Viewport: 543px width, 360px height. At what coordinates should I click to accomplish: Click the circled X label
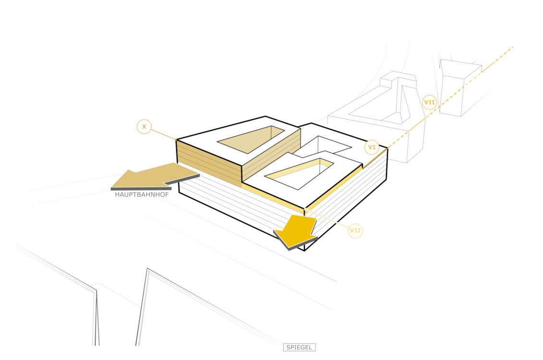[x=144, y=127]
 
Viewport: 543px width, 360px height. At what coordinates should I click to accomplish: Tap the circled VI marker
[x=371, y=147]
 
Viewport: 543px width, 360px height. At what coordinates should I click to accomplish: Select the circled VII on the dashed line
[x=429, y=102]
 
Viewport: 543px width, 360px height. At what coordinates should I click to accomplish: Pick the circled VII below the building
[x=355, y=231]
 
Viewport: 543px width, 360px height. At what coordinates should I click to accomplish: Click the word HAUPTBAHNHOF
[x=142, y=195]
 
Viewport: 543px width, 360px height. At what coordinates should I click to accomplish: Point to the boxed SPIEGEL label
[x=299, y=347]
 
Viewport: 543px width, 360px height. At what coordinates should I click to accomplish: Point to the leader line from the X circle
[x=163, y=134]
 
